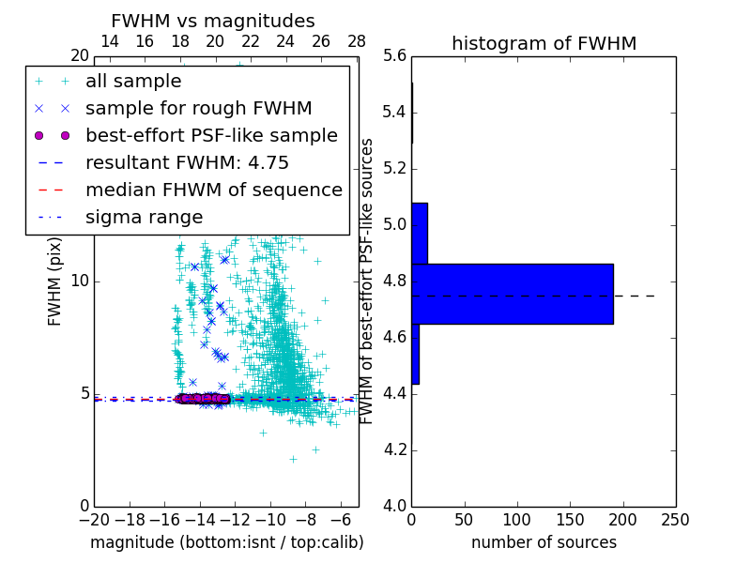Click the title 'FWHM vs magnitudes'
click(x=213, y=21)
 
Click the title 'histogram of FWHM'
click(x=544, y=43)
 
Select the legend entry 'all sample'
click(x=133, y=82)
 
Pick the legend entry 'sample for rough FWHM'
click(x=198, y=109)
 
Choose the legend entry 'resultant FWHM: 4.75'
click(x=187, y=163)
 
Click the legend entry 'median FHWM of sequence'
click(x=213, y=190)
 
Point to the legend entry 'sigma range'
click(x=144, y=218)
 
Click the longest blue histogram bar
click(x=512, y=294)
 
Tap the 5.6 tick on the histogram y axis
click(x=395, y=56)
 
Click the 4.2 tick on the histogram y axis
click(x=395, y=450)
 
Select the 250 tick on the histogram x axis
click(x=676, y=519)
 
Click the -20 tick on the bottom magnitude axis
click(x=94, y=519)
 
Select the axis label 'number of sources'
click(x=544, y=542)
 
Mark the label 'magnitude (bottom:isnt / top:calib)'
click(x=226, y=542)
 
